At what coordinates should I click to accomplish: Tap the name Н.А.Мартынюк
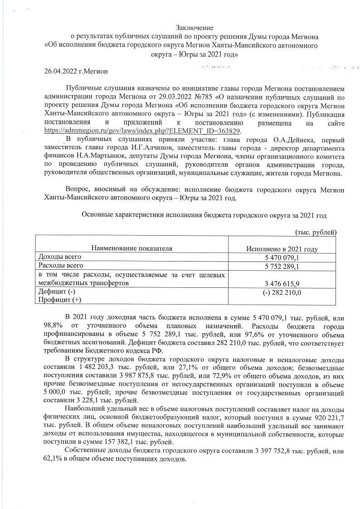tap(82, 156)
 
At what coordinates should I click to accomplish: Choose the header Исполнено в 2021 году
tap(282, 249)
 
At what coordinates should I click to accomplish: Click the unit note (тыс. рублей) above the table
tap(316, 233)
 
